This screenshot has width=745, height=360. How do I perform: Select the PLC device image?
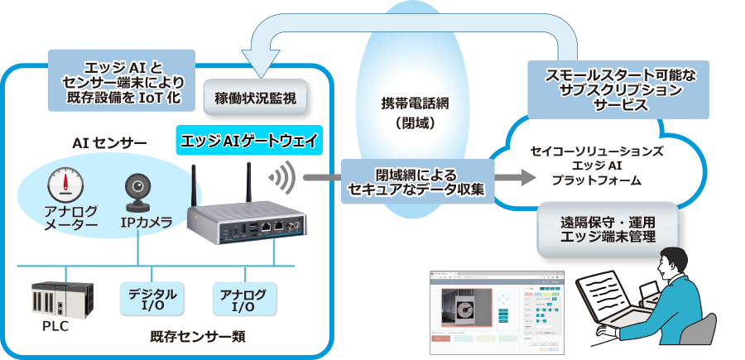coord(61,299)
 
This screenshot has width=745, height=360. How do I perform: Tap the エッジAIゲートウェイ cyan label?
coord(249,140)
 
